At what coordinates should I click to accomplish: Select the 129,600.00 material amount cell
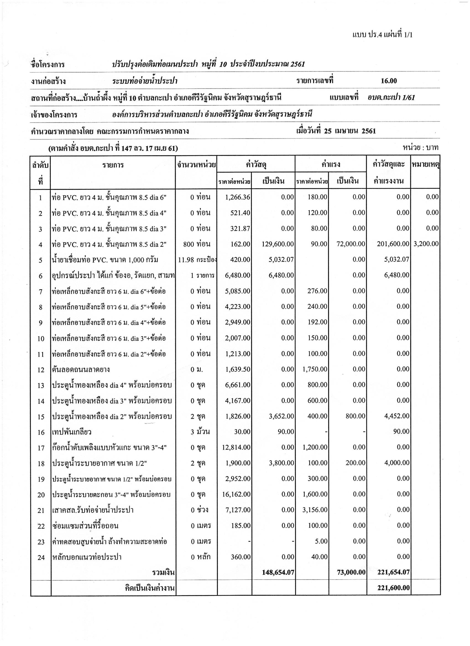click(x=278, y=244)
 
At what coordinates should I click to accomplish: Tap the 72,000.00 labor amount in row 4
click(x=351, y=244)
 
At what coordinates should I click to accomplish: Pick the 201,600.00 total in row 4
click(x=393, y=244)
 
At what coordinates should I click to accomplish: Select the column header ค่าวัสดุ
click(x=256, y=164)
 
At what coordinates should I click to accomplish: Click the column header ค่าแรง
click(x=330, y=164)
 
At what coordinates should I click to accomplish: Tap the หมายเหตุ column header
click(x=425, y=164)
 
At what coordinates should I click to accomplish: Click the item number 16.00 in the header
click(x=389, y=81)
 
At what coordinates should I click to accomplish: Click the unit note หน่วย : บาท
click(x=421, y=148)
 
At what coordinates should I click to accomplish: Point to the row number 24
click(x=41, y=557)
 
